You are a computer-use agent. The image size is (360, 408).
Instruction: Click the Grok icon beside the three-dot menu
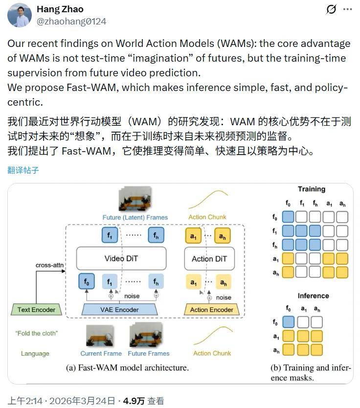point(331,10)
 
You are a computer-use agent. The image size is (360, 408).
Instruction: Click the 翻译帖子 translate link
point(23,170)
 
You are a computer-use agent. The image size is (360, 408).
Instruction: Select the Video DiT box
point(121,258)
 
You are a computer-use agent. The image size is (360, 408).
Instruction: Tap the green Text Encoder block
point(37,309)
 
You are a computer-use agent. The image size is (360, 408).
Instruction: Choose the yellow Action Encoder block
point(211,309)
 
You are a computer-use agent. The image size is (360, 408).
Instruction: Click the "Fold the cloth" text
point(36,333)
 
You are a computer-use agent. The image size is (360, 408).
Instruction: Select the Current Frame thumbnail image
point(100,337)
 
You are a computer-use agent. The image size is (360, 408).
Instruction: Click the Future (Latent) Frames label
point(135,217)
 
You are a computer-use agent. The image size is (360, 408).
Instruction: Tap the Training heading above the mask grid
point(312,189)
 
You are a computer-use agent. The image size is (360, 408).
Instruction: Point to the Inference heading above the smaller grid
point(313,295)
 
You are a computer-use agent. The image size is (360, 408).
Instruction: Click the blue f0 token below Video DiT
point(87,282)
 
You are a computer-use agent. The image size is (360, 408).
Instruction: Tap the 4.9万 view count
point(135,401)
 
